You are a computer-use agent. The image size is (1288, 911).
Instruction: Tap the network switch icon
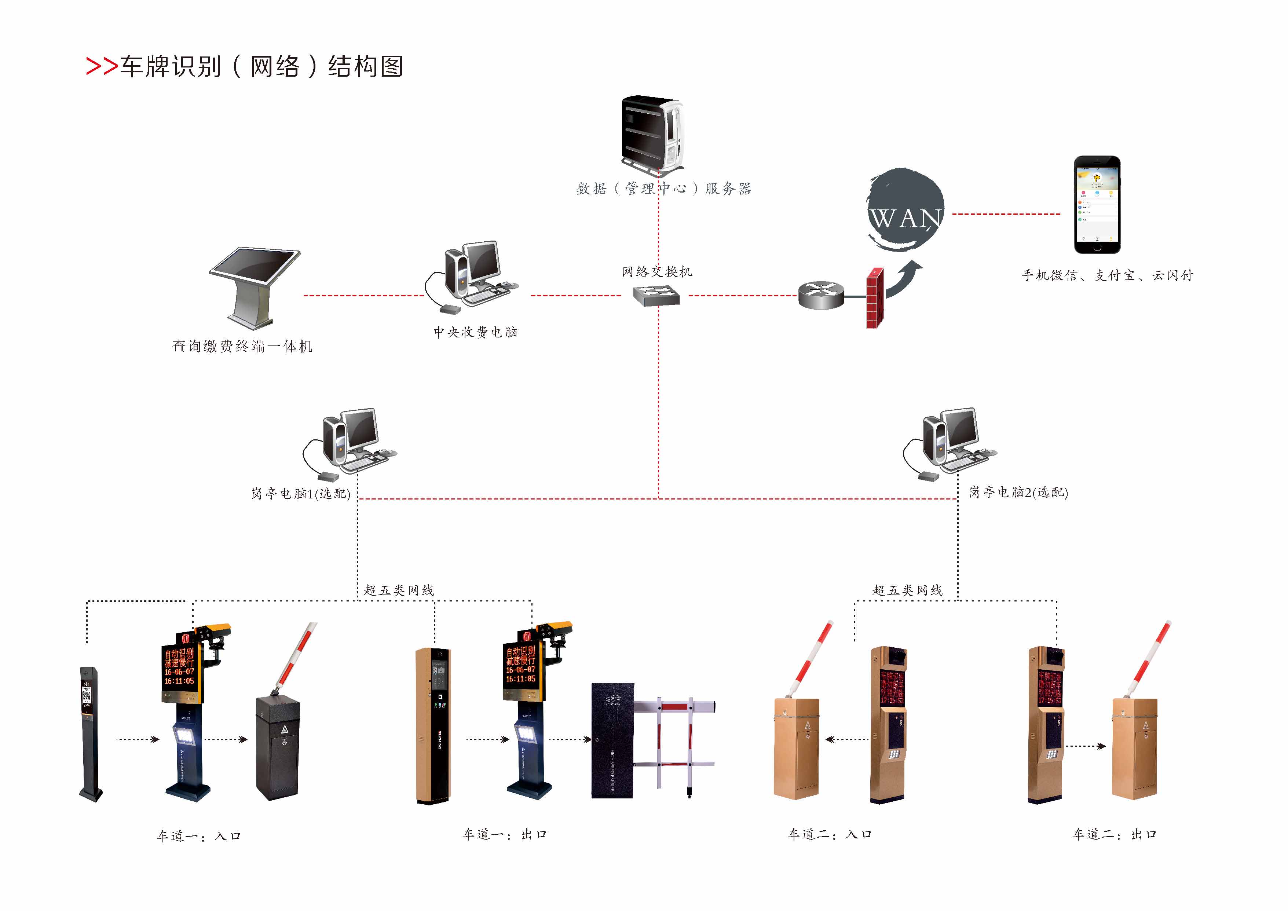tap(656, 296)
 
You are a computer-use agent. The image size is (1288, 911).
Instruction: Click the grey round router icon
tap(821, 296)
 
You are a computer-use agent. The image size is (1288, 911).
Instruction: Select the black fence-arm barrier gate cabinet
tap(612, 740)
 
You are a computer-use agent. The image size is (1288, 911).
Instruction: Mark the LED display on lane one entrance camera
tap(179, 667)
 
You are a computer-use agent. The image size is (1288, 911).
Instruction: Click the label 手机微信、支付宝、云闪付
tap(1107, 275)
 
